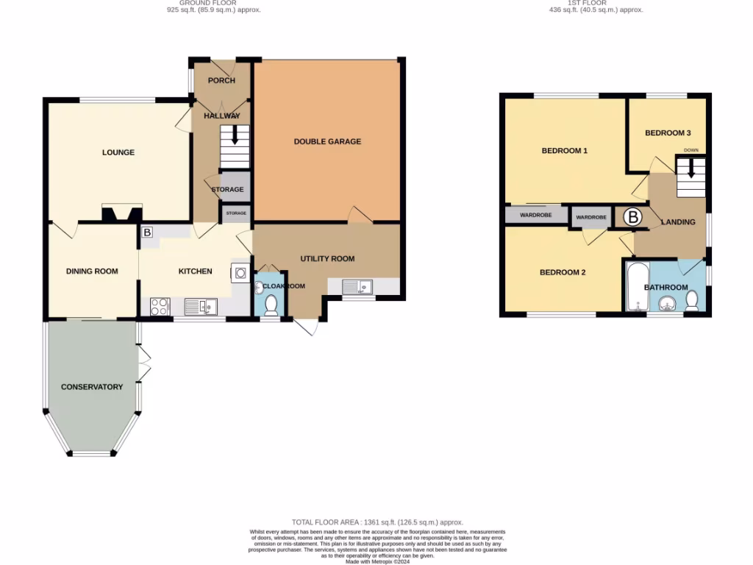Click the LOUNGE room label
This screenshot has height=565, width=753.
[x=118, y=153]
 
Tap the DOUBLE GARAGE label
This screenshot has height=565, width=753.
[x=327, y=141]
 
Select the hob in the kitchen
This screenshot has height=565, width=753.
[x=160, y=306]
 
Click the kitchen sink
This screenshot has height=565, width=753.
[x=199, y=306]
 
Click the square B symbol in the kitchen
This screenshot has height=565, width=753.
[x=146, y=232]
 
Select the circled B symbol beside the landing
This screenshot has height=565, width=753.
[x=632, y=218]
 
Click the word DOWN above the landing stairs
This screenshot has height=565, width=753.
[x=690, y=150]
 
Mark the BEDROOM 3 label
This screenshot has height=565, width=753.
[x=667, y=133]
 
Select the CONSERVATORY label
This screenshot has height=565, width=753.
[x=91, y=387]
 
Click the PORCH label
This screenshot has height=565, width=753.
[x=221, y=80]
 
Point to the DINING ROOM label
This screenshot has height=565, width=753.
[x=92, y=271]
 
